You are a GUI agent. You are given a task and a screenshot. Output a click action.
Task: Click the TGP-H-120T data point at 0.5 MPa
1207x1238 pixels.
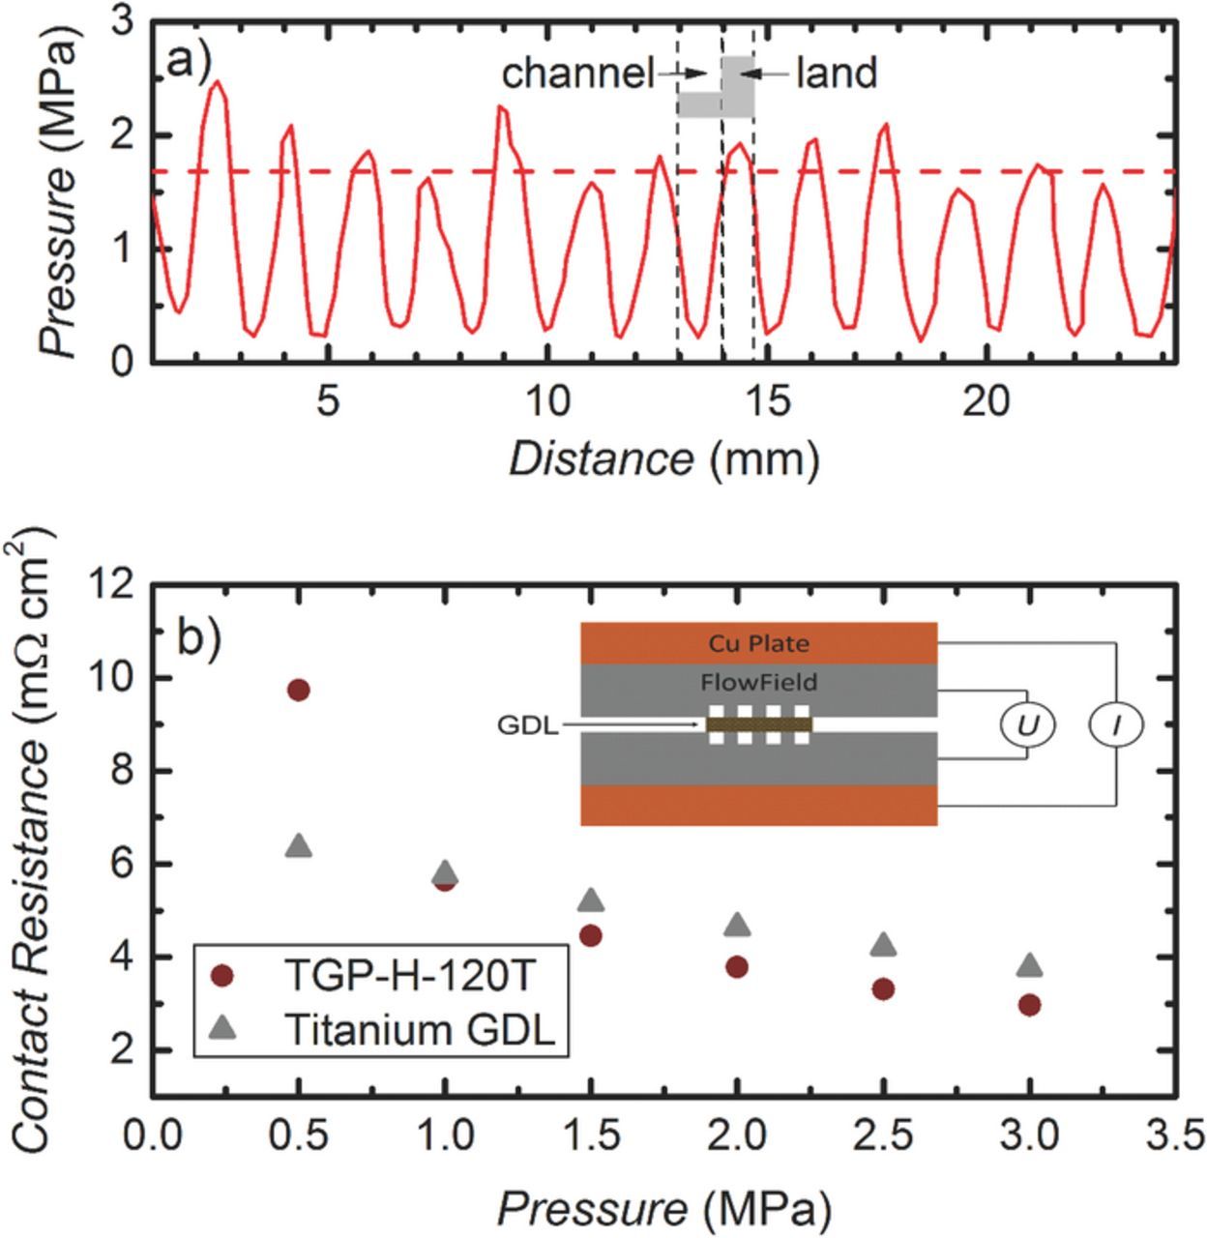pos(299,690)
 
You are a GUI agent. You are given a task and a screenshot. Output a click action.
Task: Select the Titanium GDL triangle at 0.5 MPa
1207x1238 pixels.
pos(299,845)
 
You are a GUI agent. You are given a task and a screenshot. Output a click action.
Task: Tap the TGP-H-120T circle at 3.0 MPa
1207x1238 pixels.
pos(1029,1005)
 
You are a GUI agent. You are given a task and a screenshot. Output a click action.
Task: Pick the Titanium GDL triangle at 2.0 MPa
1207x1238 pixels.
pos(737,925)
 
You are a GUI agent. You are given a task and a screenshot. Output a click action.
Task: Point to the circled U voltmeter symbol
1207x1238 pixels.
pos(1026,724)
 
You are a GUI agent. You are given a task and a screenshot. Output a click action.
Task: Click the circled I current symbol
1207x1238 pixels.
pos(1117,724)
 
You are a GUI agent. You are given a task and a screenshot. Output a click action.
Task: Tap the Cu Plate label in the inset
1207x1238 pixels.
pos(759,643)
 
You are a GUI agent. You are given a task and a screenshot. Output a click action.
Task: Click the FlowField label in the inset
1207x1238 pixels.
pos(759,683)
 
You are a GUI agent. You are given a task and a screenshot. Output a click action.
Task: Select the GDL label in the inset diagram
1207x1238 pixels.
pos(527,725)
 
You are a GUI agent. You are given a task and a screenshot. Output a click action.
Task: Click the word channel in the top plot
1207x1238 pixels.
pos(577,74)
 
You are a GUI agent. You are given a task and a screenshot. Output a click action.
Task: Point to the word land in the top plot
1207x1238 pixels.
pos(836,74)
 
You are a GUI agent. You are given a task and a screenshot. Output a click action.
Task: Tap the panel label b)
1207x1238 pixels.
pos(199,636)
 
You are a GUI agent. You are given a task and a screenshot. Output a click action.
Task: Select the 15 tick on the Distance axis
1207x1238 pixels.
pos(767,400)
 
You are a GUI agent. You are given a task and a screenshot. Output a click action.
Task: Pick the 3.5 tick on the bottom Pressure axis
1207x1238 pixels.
pos(1176,1134)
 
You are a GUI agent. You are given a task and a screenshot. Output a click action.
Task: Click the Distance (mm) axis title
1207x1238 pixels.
pos(664,457)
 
